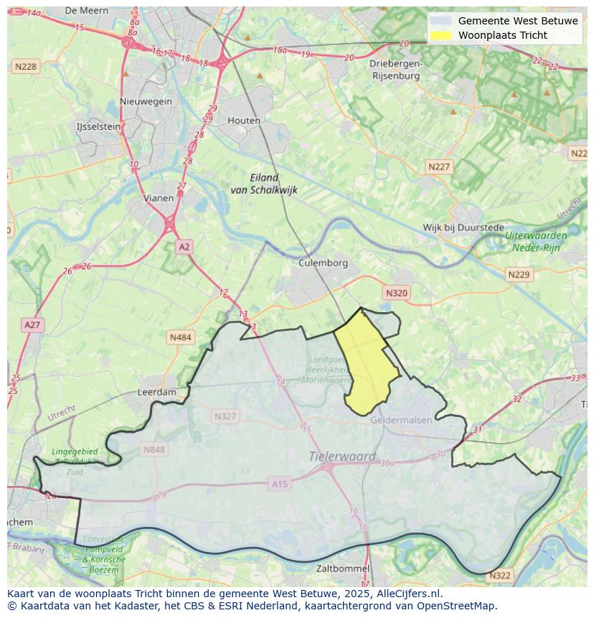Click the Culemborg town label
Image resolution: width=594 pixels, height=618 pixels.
(x=323, y=263)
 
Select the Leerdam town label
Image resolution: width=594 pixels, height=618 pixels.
(x=156, y=393)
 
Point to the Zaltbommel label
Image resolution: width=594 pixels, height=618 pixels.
(x=343, y=568)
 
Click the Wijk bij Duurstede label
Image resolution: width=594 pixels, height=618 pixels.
(x=463, y=228)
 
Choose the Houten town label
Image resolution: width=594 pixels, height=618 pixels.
(x=244, y=121)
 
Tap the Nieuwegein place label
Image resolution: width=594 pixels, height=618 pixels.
(x=146, y=101)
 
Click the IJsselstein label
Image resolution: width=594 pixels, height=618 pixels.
(x=98, y=126)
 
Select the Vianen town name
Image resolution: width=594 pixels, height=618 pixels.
(x=159, y=198)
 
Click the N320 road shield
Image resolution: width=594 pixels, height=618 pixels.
(x=396, y=293)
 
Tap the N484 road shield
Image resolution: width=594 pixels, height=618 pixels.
(x=181, y=337)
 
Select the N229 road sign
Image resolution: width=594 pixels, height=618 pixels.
(x=518, y=275)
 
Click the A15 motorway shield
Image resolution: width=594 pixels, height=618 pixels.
(x=279, y=484)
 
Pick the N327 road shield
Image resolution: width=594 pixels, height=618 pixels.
(x=225, y=416)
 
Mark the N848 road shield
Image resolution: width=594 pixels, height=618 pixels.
(x=154, y=450)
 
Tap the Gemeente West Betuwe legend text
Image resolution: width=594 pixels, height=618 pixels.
(x=518, y=21)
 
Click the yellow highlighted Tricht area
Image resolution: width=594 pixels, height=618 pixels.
(x=366, y=362)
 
